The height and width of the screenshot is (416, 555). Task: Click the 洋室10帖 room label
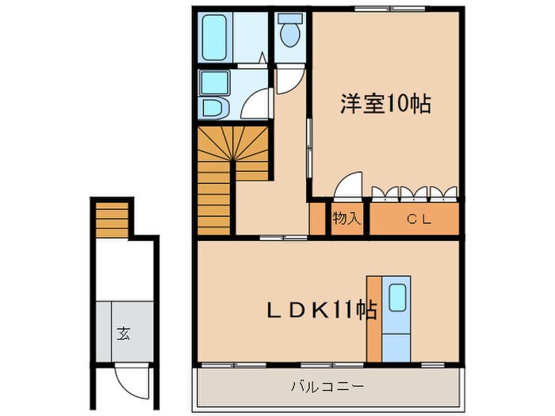[386, 103]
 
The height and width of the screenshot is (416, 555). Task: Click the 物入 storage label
[346, 219]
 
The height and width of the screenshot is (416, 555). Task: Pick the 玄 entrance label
[124, 333]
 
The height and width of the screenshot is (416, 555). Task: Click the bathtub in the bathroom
[213, 36]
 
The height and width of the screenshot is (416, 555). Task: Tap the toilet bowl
[289, 34]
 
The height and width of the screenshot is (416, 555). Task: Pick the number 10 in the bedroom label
[399, 103]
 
